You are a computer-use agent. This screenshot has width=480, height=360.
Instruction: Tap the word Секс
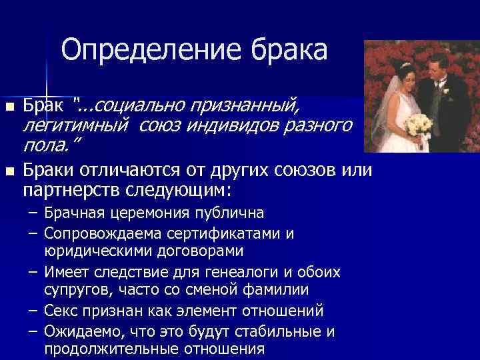[x=63, y=311]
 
